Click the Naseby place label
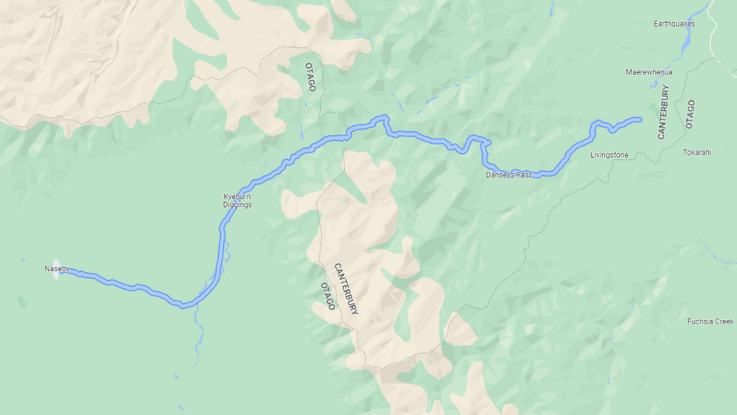56,269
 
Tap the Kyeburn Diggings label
238,200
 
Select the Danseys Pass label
509,175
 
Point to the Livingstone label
609,156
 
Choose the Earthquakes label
674,24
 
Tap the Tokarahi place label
697,153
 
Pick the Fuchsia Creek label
710,321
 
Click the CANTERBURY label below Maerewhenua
663,112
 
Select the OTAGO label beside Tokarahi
690,114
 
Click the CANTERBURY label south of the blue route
346,289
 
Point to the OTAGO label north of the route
310,77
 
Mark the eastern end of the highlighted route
639,119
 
